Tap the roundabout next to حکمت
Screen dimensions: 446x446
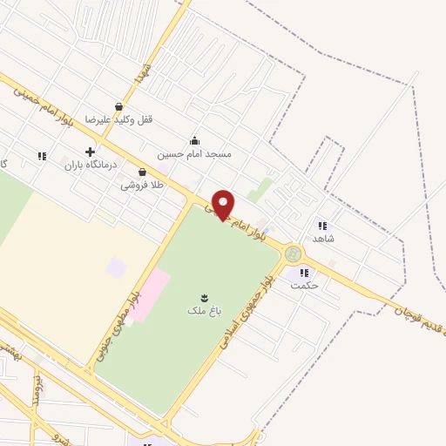click(294, 253)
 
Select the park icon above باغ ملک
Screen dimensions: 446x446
click(204, 297)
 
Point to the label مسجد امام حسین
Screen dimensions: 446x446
click(194, 154)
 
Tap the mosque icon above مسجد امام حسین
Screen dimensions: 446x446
click(194, 141)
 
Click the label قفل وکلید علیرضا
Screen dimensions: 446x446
click(118, 119)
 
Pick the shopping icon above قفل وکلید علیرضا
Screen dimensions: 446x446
click(118, 106)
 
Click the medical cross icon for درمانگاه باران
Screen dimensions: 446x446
click(90, 152)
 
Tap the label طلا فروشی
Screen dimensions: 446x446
click(141, 185)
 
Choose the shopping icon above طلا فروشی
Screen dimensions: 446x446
click(142, 172)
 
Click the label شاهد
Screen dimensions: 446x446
click(323, 238)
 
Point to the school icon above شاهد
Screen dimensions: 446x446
click(322, 226)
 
